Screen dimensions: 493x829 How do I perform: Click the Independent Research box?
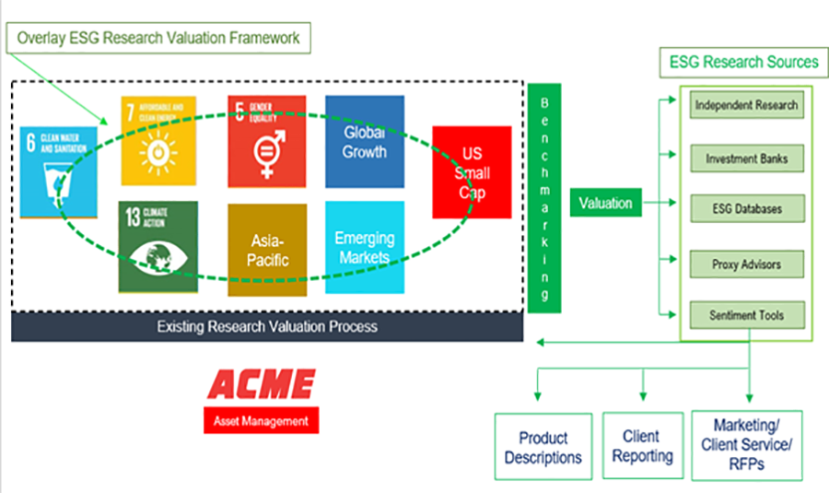746,105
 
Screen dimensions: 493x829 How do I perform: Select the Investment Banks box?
746,158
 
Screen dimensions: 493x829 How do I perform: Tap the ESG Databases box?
746,209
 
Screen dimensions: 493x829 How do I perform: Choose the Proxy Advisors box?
746,264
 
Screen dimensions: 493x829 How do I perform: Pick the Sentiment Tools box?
746,315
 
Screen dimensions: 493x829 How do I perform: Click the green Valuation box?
605,203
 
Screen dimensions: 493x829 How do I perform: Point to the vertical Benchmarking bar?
544,197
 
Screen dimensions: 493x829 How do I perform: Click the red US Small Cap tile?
472,171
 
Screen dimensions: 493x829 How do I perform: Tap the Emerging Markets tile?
364,248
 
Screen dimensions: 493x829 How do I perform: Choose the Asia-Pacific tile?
267,249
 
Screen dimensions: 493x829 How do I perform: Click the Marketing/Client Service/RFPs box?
746,445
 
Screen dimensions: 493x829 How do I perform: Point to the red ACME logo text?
261,386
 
